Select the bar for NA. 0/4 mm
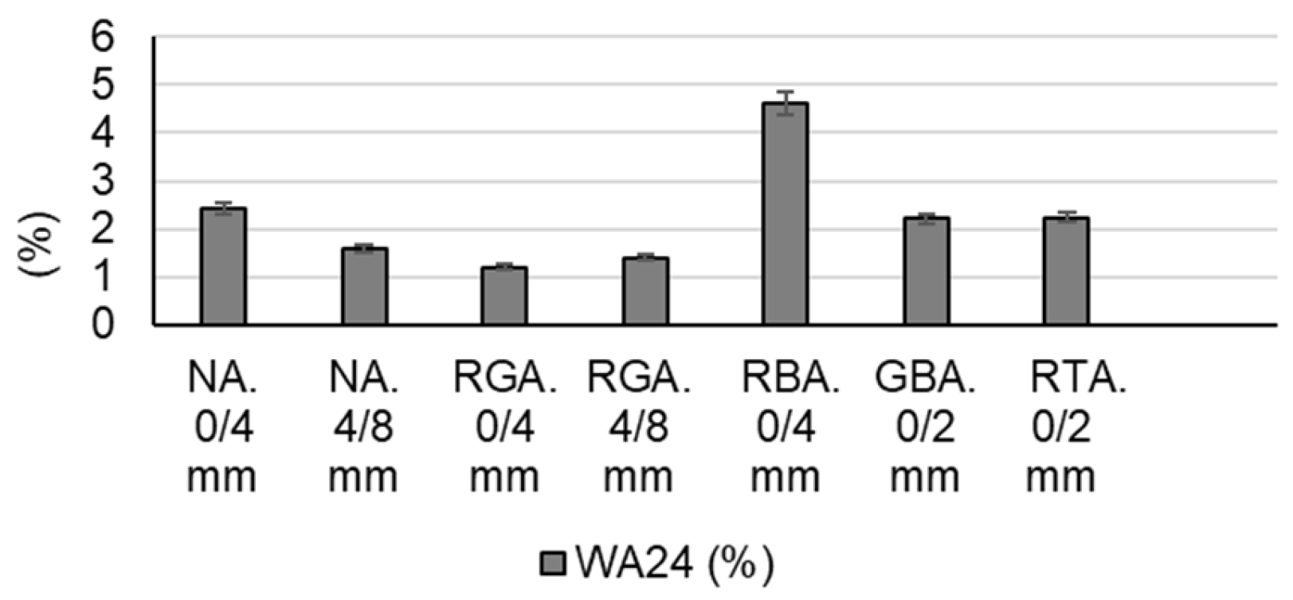[x=223, y=266]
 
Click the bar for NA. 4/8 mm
[x=365, y=286]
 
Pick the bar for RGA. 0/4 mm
[x=504, y=296]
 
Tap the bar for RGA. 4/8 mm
[x=645, y=291]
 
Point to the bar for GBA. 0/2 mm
[x=926, y=271]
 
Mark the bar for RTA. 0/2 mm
[x=1066, y=271]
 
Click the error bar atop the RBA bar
[x=786, y=103]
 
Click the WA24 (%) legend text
[x=674, y=564]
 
